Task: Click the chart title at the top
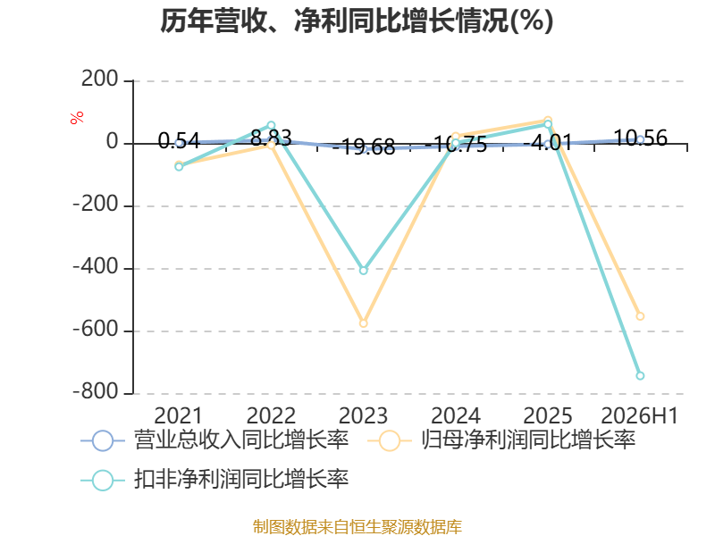coord(357,21)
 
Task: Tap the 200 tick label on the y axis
coord(100,80)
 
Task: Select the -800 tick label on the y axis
coord(96,391)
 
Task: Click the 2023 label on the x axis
coord(363,415)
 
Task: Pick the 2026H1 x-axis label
coord(640,415)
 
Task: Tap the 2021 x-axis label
coord(178,415)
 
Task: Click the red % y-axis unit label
coord(77,117)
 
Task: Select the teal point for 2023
coord(364,271)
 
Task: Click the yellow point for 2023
coord(364,323)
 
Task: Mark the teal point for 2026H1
coord(640,375)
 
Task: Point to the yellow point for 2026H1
coord(640,316)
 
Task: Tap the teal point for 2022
coord(271,125)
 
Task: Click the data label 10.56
coord(641,138)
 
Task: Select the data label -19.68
coord(364,147)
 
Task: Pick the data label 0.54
coord(179,141)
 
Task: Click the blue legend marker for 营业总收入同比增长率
coord(103,440)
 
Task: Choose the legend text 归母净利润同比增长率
coord(528,440)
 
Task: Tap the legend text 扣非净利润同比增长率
coord(241,479)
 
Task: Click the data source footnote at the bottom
coord(357,527)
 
